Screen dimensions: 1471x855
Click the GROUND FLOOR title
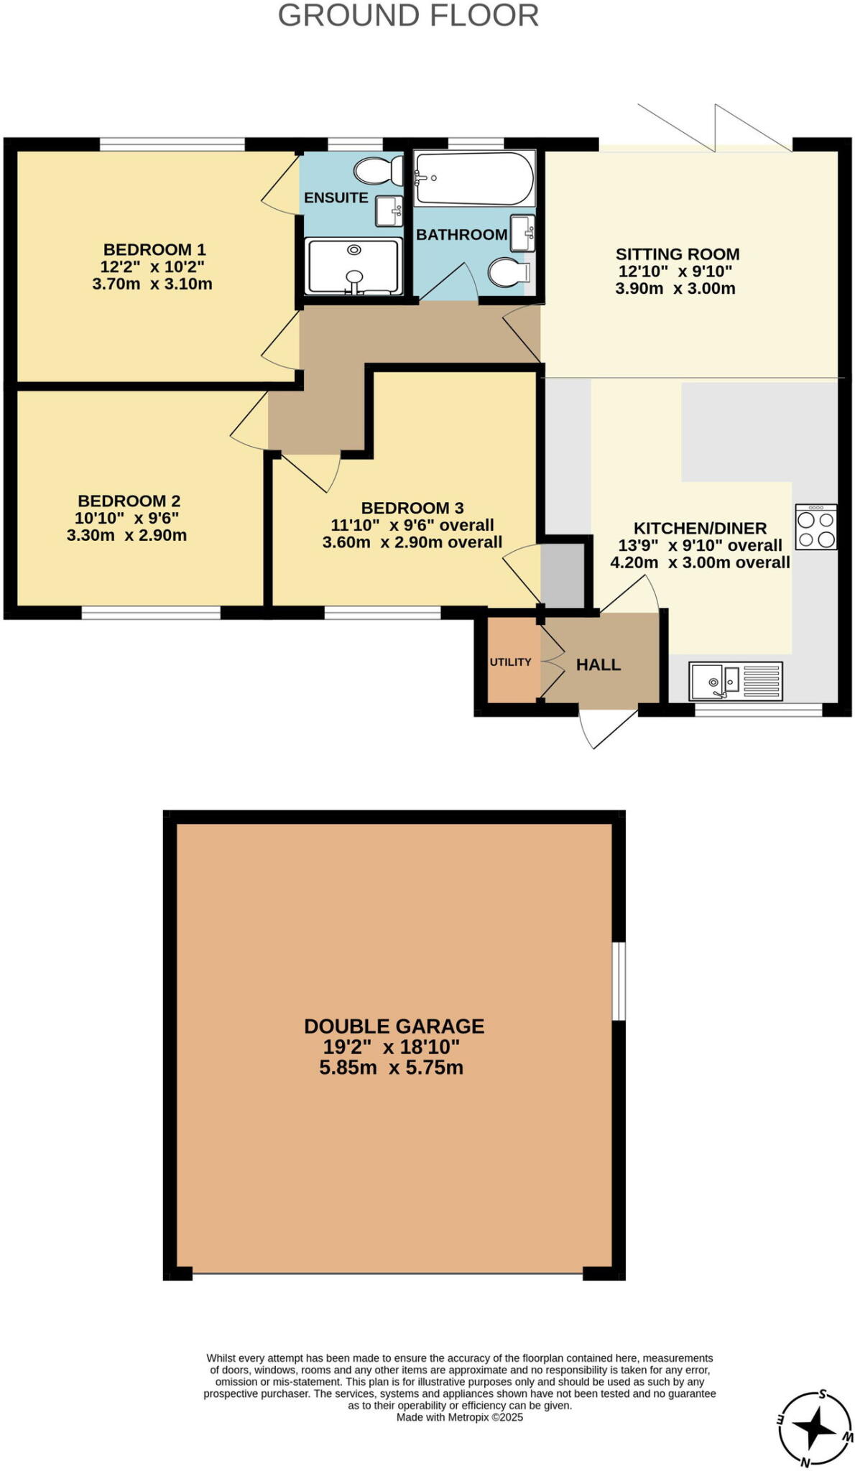(408, 16)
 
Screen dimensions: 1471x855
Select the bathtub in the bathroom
(474, 178)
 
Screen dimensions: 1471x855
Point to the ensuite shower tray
(353, 266)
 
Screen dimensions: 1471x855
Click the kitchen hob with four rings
(816, 527)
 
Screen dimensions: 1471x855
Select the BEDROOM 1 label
(154, 250)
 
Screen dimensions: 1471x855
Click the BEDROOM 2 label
(129, 501)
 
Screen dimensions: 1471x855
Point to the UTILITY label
(511, 662)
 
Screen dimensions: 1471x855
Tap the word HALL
(598, 665)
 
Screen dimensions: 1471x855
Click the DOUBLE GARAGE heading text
(394, 1026)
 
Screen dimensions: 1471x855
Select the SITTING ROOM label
(678, 254)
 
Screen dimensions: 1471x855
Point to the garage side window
(618, 980)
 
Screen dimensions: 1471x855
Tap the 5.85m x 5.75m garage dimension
(392, 1068)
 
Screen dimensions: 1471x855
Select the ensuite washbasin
(389, 210)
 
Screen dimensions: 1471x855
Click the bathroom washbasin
(522, 233)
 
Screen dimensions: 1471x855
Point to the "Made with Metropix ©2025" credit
(460, 1417)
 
